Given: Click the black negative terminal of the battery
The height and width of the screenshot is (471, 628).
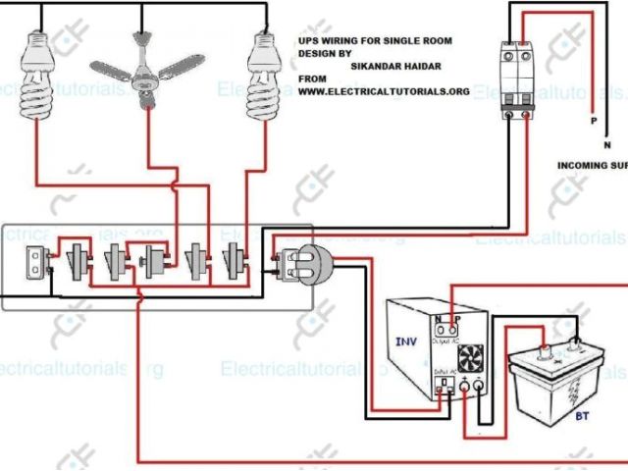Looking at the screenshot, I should pyautogui.click(x=576, y=346).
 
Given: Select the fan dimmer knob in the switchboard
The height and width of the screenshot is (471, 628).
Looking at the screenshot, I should pyautogui.click(x=154, y=262).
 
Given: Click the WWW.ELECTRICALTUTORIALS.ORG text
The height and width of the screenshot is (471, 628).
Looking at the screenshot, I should pyautogui.click(x=384, y=91).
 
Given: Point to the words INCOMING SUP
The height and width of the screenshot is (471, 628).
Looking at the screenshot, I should pyautogui.click(x=592, y=165).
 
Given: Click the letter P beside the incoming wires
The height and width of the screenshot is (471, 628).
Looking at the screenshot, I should pyautogui.click(x=593, y=122).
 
